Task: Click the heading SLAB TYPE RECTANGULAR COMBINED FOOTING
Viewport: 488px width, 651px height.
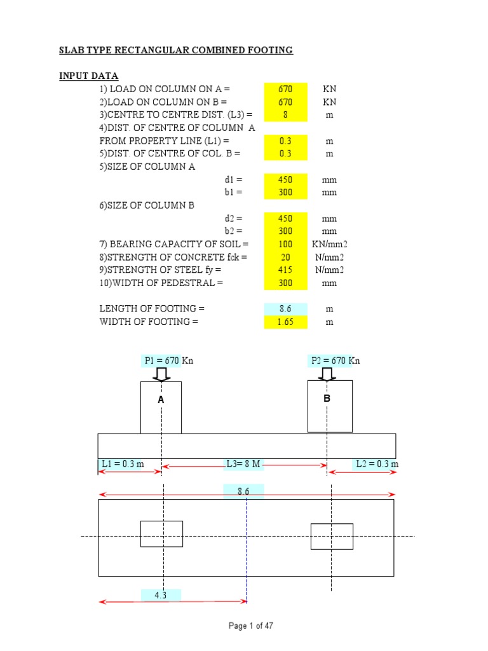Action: click(176, 50)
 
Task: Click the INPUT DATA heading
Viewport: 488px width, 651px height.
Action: click(89, 76)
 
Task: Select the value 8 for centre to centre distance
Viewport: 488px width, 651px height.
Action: click(285, 115)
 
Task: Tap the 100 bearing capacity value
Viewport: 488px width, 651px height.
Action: click(285, 244)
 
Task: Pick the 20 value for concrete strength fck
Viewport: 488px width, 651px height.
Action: click(285, 257)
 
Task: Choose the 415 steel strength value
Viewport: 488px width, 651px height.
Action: click(285, 270)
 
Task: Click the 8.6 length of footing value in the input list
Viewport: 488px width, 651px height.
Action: click(285, 309)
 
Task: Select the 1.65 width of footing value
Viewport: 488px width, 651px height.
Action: click(285, 322)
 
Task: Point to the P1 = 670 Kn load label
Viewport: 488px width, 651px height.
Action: click(168, 360)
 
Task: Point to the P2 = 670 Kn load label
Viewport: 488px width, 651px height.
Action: click(335, 360)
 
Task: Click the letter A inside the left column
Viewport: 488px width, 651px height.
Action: click(161, 400)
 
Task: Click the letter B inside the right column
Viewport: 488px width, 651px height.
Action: click(327, 399)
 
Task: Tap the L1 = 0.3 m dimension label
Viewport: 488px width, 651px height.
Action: click(122, 464)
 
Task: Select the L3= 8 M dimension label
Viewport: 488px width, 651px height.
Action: click(244, 464)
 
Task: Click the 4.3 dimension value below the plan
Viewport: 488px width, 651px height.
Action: click(161, 595)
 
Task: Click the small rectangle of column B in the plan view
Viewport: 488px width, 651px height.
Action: click(332, 537)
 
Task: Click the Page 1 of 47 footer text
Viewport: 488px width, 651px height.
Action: click(251, 626)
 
